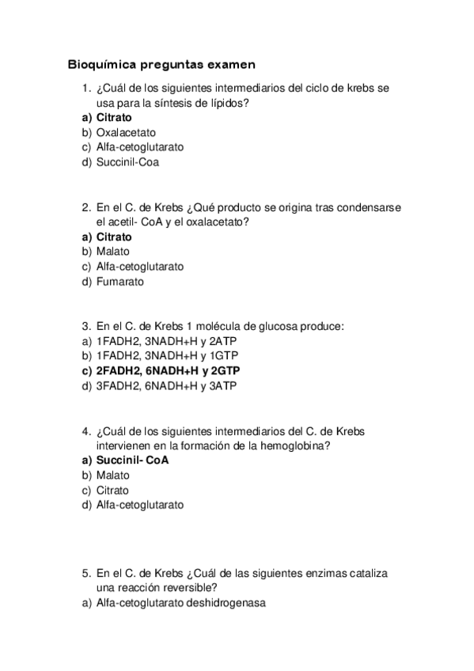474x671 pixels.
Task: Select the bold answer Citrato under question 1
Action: click(x=114, y=118)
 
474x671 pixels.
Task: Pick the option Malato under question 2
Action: click(x=112, y=252)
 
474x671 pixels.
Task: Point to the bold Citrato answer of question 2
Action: click(x=114, y=237)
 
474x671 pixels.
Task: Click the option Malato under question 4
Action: click(x=112, y=475)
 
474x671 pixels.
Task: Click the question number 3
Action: click(x=86, y=325)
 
